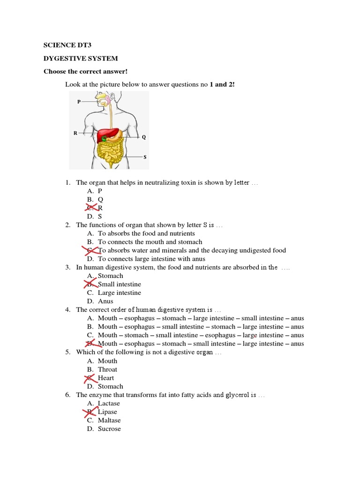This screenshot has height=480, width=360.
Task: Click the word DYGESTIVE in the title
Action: pyautogui.click(x=62, y=58)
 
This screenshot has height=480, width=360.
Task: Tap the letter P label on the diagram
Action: pyautogui.click(x=79, y=101)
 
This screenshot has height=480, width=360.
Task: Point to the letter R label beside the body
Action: pyautogui.click(x=75, y=133)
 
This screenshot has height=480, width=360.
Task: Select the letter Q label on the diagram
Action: pyautogui.click(x=144, y=137)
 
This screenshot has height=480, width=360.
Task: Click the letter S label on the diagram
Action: pyautogui.click(x=144, y=157)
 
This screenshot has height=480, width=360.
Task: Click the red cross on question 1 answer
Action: pyautogui.click(x=91, y=208)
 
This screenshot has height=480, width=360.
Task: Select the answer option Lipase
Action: pyautogui.click(x=107, y=412)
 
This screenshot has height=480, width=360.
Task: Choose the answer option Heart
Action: pyautogui.click(x=106, y=378)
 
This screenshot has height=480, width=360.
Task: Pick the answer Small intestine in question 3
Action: pyautogui.click(x=119, y=284)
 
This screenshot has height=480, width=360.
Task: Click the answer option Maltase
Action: pyautogui.click(x=109, y=420)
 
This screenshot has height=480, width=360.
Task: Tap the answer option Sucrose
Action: pyautogui.click(x=109, y=428)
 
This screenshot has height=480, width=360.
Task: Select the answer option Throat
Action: pyautogui.click(x=107, y=369)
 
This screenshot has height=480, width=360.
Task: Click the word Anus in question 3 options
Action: pyautogui.click(x=105, y=301)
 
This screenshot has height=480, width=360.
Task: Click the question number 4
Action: pyautogui.click(x=67, y=309)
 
